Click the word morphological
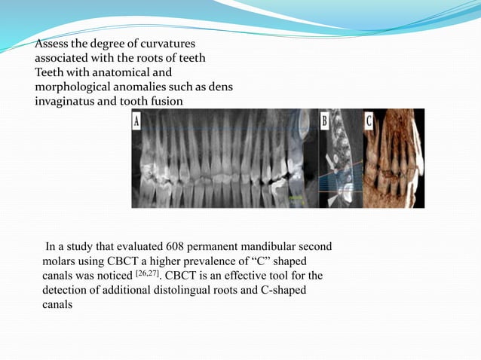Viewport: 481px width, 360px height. tap(74, 87)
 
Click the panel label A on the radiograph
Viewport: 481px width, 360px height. tap(136, 120)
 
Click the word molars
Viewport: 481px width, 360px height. tap(61, 261)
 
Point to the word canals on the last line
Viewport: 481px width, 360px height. tap(57, 305)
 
